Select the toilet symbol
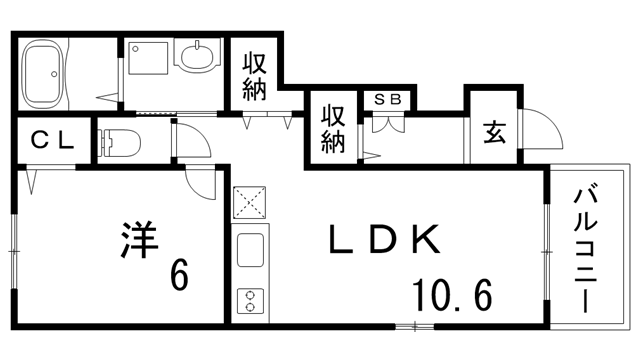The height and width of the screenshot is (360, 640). click(119, 142)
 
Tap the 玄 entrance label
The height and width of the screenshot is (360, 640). click(494, 133)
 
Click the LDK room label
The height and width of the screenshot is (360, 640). click(384, 240)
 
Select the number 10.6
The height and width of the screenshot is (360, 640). click(451, 295)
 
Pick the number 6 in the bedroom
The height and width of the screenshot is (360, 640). click(178, 274)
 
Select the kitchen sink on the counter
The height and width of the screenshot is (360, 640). click(249, 249)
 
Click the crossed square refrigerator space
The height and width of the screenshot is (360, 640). click(249, 203)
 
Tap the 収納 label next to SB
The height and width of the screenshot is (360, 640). click(332, 128)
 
